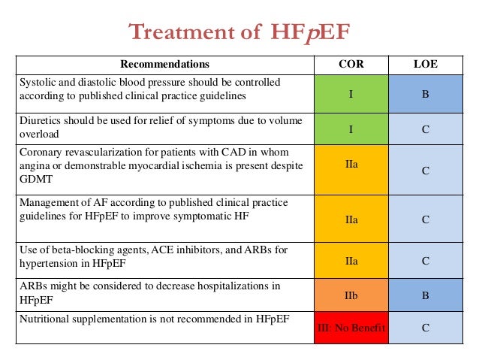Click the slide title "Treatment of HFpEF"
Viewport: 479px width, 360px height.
coord(239,32)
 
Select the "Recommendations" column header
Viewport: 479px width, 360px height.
coord(164,65)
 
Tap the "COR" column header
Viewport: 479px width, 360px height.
coord(351,65)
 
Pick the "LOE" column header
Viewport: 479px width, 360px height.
coord(425,65)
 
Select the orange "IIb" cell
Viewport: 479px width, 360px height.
coord(351,295)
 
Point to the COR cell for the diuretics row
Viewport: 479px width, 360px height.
coord(351,129)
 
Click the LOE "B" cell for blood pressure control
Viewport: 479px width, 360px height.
coord(425,94)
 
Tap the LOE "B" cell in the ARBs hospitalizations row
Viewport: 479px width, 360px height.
coord(425,295)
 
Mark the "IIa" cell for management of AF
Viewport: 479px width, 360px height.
coord(351,218)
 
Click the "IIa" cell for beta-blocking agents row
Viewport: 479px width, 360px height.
coord(351,261)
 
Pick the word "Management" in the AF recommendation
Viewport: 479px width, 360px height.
coord(49,203)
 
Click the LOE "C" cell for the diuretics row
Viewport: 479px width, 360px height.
coord(425,129)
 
